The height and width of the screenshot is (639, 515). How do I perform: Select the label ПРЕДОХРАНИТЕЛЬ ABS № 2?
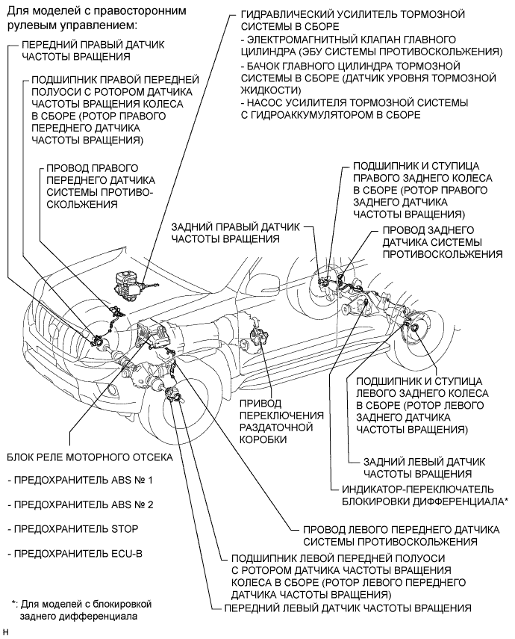tap(80, 504)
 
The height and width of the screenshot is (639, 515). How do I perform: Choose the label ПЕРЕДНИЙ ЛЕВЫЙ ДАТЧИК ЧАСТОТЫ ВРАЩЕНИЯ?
tap(346, 607)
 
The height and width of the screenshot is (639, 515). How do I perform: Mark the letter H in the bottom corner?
tap(6, 633)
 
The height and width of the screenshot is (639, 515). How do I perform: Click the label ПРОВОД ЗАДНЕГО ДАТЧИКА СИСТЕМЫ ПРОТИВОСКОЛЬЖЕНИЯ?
tap(441, 241)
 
